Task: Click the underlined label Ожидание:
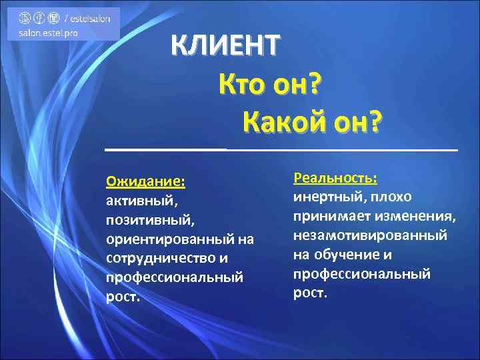(145, 181)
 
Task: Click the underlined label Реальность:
(336, 178)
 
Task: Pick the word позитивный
(149, 219)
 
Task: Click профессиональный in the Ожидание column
(174, 277)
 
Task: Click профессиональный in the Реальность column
(362, 274)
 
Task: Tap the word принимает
(331, 216)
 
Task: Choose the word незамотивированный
(371, 235)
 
